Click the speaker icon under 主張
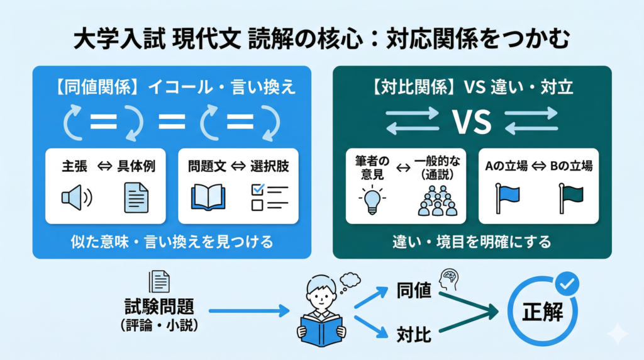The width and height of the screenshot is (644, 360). (76, 198)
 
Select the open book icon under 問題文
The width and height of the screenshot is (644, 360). (207, 197)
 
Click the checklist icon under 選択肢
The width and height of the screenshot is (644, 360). (269, 197)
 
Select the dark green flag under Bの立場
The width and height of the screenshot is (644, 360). (569, 198)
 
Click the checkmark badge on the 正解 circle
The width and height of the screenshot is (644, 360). (568, 283)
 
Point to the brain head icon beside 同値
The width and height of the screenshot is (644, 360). (448, 277)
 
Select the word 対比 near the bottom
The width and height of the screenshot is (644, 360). (414, 334)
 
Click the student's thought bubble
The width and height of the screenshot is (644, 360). (348, 281)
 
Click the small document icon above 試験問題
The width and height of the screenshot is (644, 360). (158, 281)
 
